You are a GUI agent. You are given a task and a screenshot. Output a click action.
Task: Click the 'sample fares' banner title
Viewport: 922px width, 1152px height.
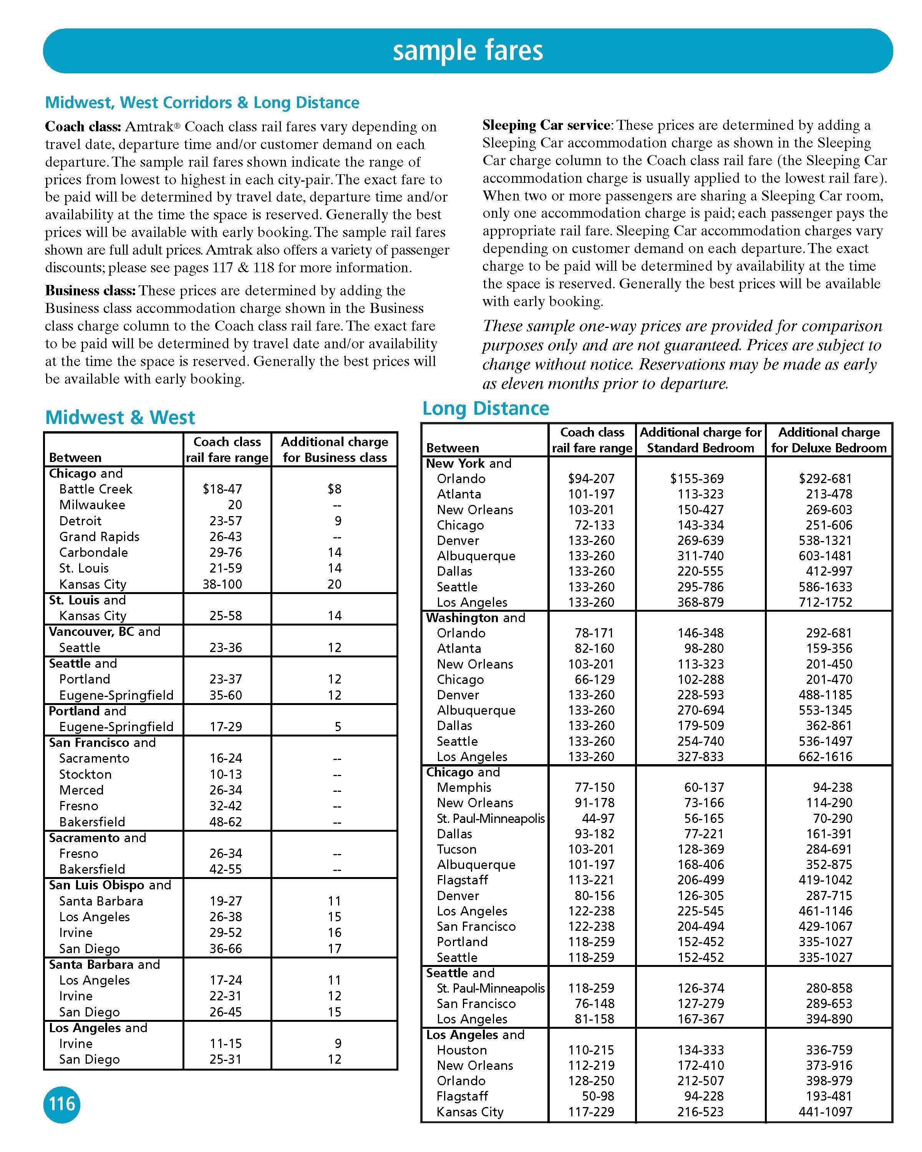(468, 51)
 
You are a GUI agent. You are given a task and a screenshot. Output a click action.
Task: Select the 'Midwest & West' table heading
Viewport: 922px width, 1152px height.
(120, 417)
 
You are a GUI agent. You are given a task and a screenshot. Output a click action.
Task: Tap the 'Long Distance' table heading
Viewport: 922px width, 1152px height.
(485, 408)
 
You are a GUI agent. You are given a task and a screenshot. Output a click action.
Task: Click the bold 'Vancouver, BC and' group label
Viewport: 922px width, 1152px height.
(104, 632)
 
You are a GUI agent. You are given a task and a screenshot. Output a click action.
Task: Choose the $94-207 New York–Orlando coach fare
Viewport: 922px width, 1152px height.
(591, 479)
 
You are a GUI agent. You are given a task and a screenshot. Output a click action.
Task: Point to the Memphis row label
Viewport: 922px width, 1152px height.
(464, 787)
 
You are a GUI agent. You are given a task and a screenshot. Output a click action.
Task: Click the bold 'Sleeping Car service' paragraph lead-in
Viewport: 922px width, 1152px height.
(546, 125)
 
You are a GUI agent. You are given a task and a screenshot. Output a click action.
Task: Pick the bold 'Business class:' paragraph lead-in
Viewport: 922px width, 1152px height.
(90, 291)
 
